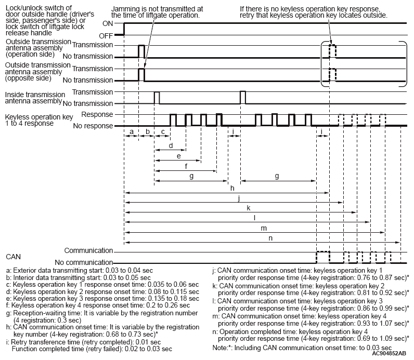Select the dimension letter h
[232, 188]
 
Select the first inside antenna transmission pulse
[157, 97]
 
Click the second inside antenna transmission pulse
[242, 97]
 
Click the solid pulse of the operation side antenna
[141, 51]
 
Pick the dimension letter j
[238, 198]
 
